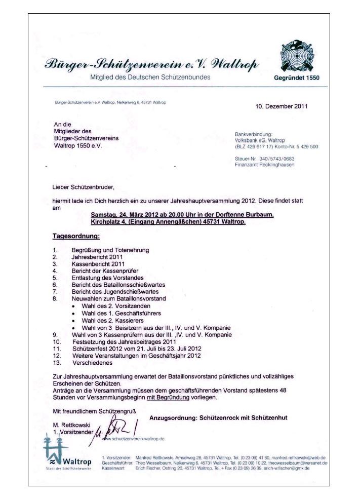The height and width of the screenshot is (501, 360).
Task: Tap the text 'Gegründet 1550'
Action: point(297,78)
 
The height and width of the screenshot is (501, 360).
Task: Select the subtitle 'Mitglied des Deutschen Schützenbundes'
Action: point(150,77)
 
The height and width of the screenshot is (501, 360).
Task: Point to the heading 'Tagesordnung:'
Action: point(76,236)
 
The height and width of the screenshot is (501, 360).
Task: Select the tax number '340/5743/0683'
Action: point(276,159)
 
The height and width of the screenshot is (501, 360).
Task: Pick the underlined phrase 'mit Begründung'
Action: point(168,398)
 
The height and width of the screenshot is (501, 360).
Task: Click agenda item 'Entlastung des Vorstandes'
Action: point(107,278)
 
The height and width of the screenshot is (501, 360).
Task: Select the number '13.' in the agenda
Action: point(57,363)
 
